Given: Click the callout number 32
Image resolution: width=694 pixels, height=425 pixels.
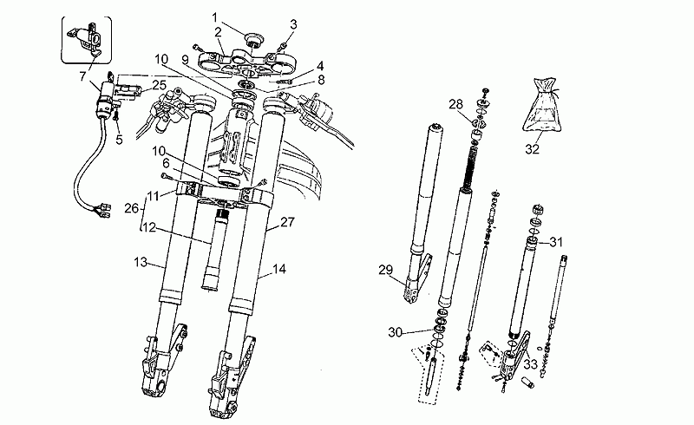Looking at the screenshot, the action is pyautogui.click(x=532, y=149).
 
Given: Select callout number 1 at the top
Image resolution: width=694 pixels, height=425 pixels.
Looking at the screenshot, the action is pyautogui.click(x=215, y=17).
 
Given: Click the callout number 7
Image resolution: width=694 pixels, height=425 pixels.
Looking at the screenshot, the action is pyautogui.click(x=82, y=76).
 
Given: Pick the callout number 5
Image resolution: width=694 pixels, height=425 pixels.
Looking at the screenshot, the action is pyautogui.click(x=119, y=140).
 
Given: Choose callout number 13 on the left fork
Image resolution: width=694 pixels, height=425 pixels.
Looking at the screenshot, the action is pyautogui.click(x=141, y=262).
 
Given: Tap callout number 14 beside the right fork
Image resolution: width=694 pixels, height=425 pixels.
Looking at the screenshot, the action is pyautogui.click(x=279, y=269).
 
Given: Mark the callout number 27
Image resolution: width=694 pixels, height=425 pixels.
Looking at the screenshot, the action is pyautogui.click(x=287, y=221).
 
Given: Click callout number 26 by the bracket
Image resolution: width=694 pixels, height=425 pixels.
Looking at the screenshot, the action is pyautogui.click(x=132, y=207).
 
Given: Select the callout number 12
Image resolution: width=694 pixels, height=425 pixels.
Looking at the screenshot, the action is pyautogui.click(x=149, y=227).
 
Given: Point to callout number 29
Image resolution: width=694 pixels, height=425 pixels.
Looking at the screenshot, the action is pyautogui.click(x=385, y=270).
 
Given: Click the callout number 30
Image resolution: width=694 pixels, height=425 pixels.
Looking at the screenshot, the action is pyautogui.click(x=396, y=331).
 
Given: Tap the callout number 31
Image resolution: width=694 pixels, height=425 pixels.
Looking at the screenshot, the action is pyautogui.click(x=556, y=242).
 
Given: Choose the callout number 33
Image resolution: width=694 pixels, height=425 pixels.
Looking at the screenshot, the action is pyautogui.click(x=530, y=364).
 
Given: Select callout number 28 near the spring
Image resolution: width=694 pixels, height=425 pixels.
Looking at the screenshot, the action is pyautogui.click(x=456, y=104).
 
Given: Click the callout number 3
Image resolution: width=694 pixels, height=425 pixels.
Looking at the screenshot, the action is pyautogui.click(x=293, y=24).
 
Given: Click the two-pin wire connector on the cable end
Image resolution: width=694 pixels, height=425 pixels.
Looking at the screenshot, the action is pyautogui.click(x=105, y=210).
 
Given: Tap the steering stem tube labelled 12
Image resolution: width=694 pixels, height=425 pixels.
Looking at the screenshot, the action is pyautogui.click(x=213, y=250).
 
